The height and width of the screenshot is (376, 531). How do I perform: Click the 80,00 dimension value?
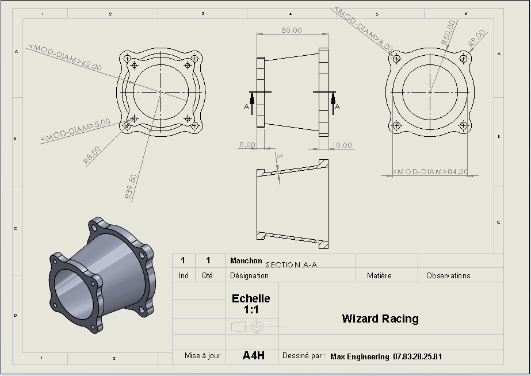click(292, 30)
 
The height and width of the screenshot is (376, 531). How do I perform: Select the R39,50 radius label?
click(131, 186)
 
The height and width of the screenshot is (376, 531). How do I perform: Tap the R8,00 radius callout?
click(92, 155)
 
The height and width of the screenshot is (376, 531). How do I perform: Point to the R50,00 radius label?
click(449, 33)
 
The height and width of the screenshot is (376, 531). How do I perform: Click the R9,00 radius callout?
click(476, 39)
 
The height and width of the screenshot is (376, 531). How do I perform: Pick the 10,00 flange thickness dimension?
click(342, 145)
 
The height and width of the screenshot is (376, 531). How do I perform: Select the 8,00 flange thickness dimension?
click(247, 145)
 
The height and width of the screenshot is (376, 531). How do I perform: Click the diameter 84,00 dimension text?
click(430, 171)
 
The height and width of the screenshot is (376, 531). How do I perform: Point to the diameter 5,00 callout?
click(75, 130)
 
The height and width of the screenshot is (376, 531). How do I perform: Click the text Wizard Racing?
click(380, 319)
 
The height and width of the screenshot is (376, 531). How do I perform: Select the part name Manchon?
click(246, 260)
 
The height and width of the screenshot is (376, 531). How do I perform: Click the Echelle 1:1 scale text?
click(251, 304)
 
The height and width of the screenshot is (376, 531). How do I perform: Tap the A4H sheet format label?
click(254, 355)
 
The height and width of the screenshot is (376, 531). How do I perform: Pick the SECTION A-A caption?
click(292, 264)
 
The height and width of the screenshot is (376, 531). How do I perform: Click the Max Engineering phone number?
click(418, 356)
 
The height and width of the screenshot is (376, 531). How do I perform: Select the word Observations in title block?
click(448, 276)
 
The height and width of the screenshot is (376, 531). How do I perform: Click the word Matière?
click(379, 276)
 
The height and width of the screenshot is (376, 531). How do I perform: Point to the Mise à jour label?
click(203, 356)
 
